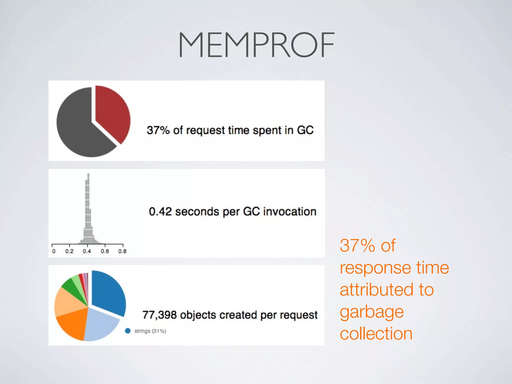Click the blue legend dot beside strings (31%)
(128, 331)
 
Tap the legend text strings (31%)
(150, 331)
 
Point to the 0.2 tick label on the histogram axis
(69, 251)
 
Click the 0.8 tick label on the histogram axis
(122, 251)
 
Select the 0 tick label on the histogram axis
(53, 251)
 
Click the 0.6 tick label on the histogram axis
(105, 251)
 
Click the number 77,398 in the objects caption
(159, 315)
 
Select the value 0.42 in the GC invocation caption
(160, 211)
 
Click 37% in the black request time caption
(158, 130)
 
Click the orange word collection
(376, 334)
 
